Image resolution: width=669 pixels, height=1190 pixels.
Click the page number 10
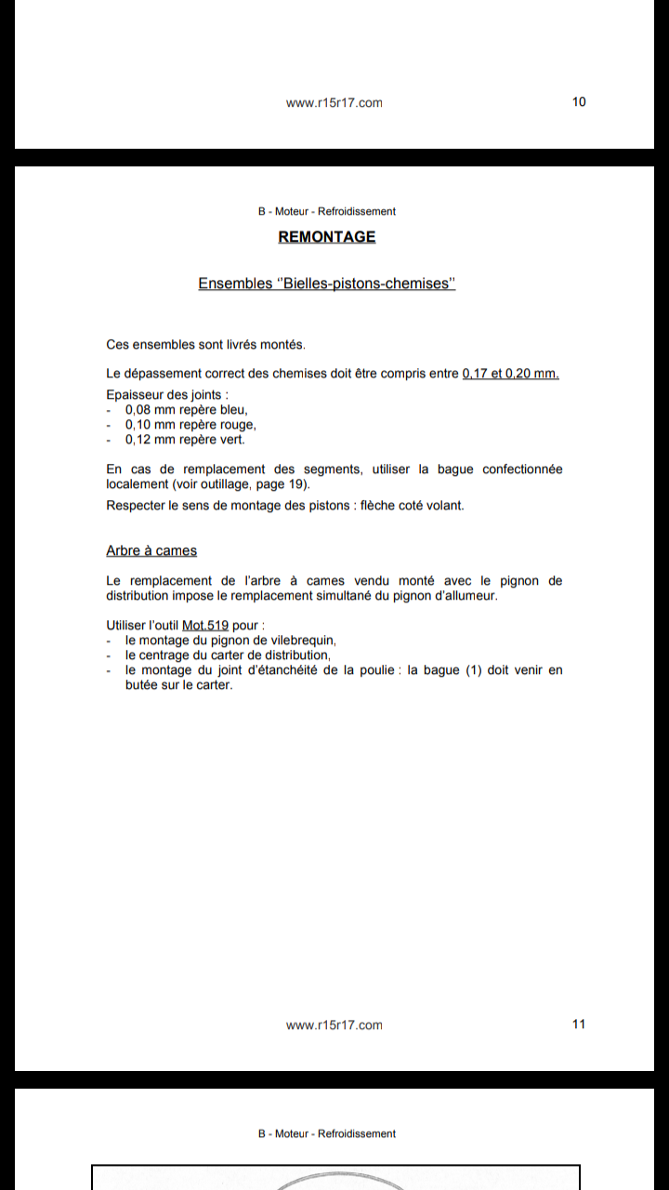[579, 102]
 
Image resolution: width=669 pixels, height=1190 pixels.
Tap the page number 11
[579, 1025]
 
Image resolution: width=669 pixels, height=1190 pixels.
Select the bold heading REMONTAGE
[327, 237]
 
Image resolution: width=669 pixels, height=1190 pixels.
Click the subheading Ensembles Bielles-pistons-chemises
[327, 284]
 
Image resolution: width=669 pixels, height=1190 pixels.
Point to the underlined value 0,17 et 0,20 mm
[510, 374]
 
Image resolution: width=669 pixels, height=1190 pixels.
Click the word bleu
[234, 410]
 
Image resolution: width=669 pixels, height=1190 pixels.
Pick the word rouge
[238, 425]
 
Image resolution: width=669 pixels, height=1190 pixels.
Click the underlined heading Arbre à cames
[151, 551]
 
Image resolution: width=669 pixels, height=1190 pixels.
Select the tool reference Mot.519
[205, 626]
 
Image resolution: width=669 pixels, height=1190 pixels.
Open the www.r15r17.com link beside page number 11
[334, 1025]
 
